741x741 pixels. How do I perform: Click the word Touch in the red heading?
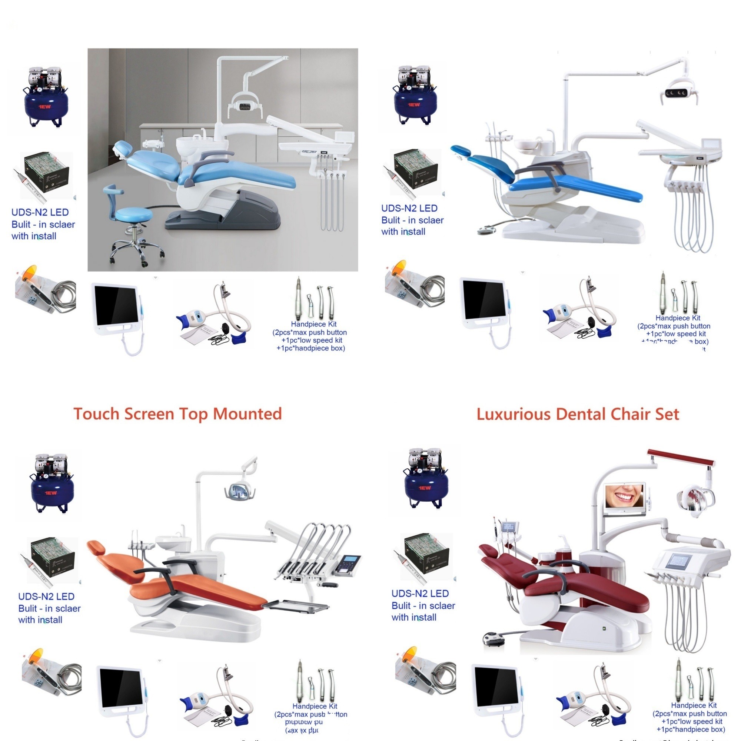(96, 414)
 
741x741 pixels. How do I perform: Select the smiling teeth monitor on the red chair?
(624, 498)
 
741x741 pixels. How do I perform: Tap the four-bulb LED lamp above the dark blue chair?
(676, 93)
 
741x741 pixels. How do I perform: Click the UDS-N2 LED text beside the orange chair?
(46, 597)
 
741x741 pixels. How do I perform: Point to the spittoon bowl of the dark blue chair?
(526, 145)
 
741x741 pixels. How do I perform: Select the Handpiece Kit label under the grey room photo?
(313, 324)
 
